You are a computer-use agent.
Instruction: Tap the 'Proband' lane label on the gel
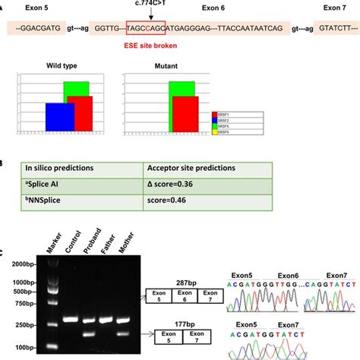tap(92, 240)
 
